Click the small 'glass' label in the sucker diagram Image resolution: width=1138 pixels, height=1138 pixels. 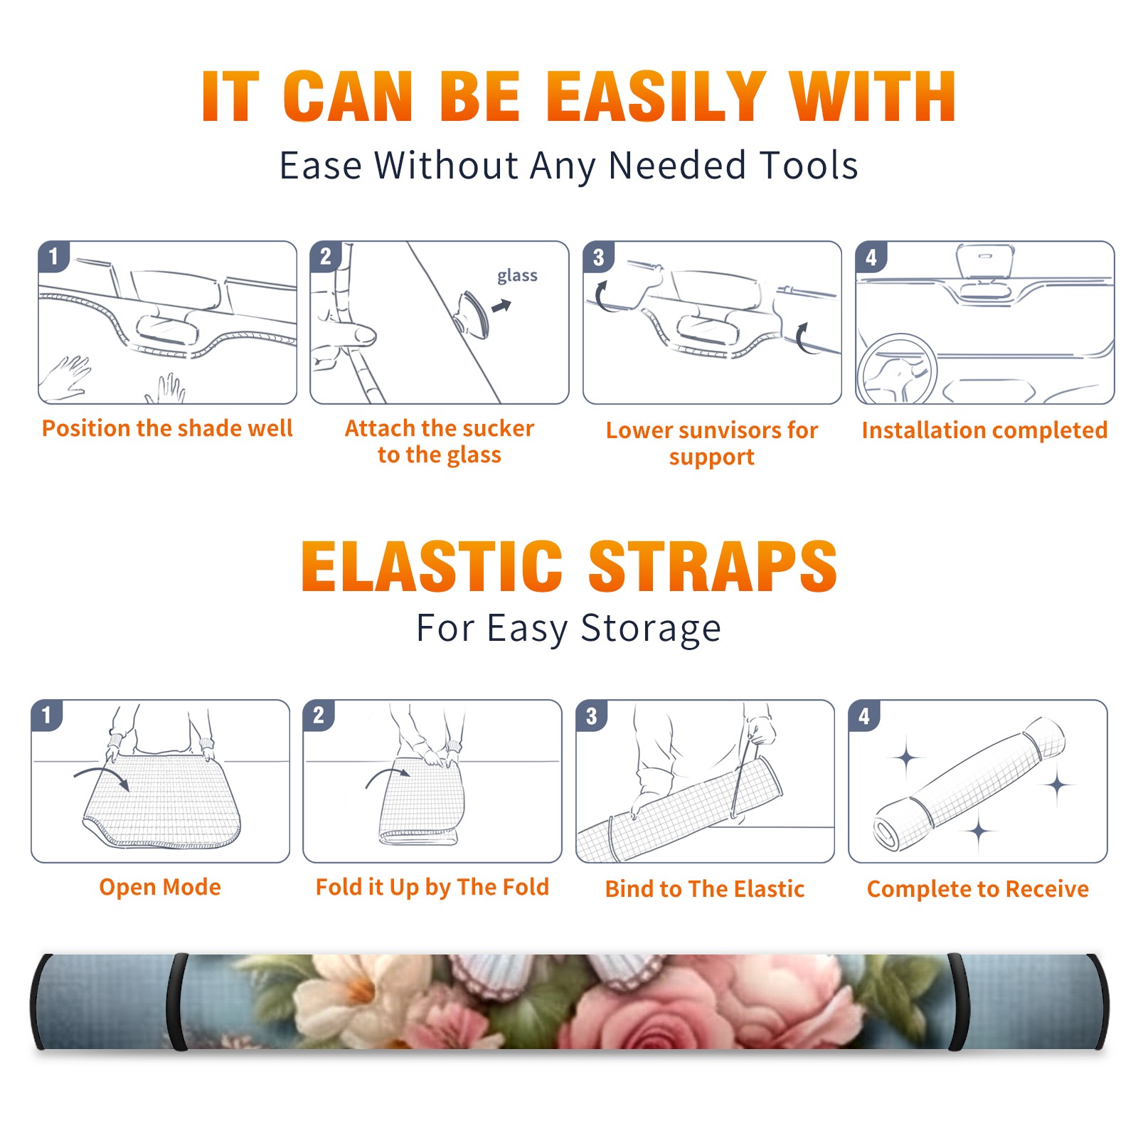[x=517, y=275]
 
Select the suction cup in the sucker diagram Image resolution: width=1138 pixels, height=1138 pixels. [x=472, y=314]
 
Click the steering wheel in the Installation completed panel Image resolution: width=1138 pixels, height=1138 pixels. [x=897, y=370]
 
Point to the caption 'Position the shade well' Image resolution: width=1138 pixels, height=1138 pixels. [x=167, y=428]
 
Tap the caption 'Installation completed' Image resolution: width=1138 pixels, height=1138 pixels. [x=984, y=430]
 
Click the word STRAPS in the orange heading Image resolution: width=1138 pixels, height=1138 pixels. [x=713, y=566]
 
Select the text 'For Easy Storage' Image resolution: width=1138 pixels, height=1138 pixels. [x=568, y=628]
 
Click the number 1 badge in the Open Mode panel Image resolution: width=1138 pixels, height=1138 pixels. [x=47, y=715]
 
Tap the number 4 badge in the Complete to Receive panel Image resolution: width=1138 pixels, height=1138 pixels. [x=864, y=716]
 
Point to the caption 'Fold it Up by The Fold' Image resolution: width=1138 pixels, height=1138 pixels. [x=432, y=888]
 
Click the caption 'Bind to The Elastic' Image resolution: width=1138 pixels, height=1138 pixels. [x=705, y=889]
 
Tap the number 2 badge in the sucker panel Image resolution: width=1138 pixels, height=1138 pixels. [x=326, y=256]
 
